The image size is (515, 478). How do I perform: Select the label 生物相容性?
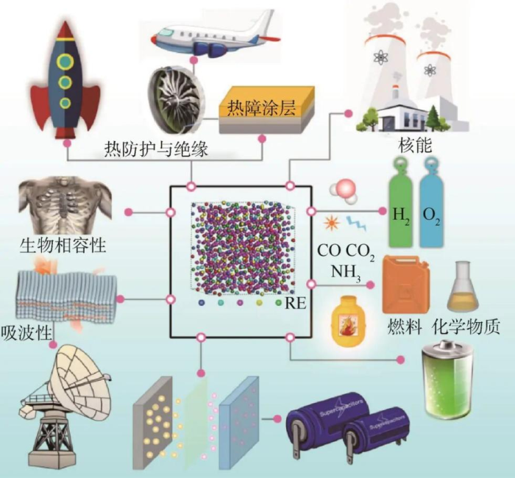click(63, 245)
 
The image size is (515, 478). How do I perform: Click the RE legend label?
click(294, 302)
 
